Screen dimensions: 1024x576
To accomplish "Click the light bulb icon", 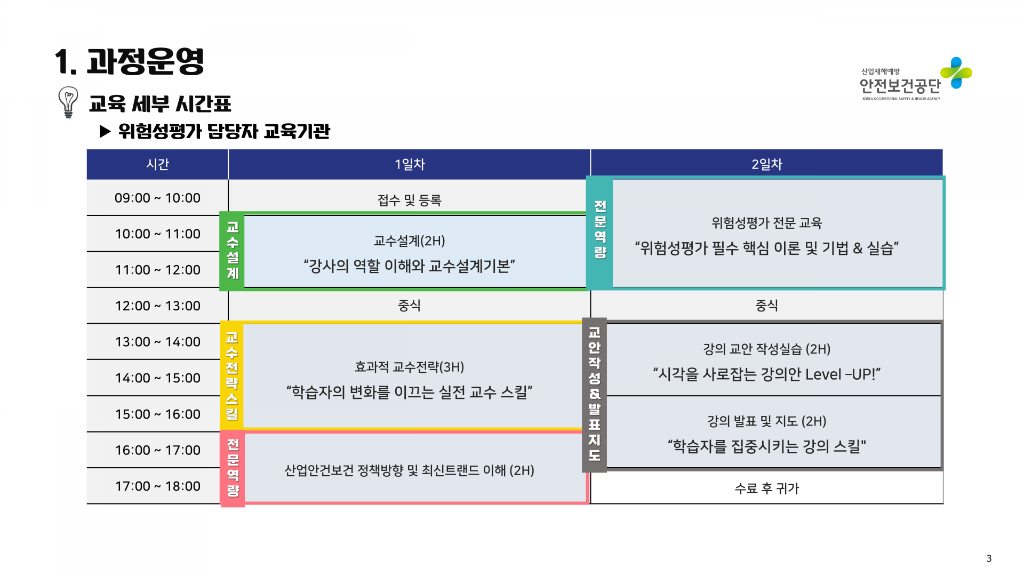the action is pos(68,102).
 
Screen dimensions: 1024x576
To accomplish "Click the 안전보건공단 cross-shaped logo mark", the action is pos(956,73).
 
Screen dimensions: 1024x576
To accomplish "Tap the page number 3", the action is pos(989,558).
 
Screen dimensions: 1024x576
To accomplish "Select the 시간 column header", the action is pos(157,164).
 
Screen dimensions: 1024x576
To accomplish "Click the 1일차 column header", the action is pos(409,164).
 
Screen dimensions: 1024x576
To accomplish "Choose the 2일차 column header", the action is pos(766,164).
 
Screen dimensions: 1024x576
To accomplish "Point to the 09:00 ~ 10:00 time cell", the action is pos(157,198).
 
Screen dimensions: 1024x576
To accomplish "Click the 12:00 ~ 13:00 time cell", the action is pos(157,306).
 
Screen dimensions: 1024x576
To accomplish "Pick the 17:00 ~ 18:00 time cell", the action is pos(157,486).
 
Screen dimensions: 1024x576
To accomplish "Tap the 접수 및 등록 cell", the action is pos(409,200).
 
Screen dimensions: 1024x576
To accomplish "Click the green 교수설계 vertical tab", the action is pos(232,251).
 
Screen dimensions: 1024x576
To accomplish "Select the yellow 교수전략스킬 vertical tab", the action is pos(231,376).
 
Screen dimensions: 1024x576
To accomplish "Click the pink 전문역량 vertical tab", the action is pos(233,468).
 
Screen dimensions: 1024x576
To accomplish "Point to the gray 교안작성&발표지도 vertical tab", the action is pos(594,395).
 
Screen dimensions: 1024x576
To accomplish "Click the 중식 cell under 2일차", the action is pos(766,306).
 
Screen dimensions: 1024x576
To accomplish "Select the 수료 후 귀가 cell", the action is pos(766,488).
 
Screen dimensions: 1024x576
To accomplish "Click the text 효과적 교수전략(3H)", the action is pos(409,367).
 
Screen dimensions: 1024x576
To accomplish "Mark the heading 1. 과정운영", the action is pos(130,62).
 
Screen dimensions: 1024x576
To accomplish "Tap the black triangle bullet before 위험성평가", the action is pos(105,131).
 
